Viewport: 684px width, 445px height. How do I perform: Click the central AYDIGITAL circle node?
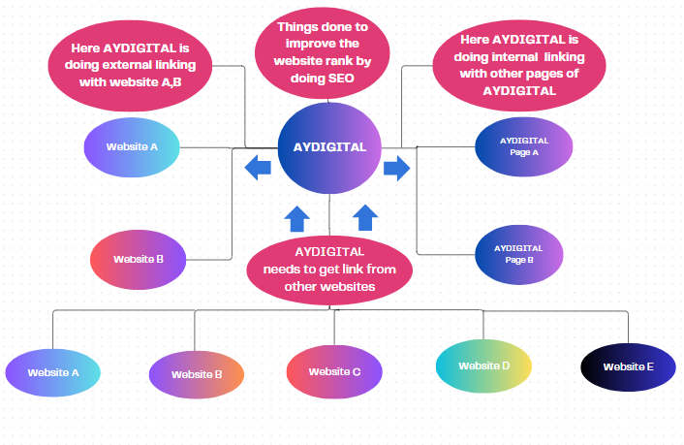(x=329, y=148)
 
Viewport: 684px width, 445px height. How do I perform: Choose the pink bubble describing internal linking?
(x=506, y=66)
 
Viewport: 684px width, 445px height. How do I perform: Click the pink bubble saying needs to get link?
(x=329, y=268)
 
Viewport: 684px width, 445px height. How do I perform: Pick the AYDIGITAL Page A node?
(x=524, y=146)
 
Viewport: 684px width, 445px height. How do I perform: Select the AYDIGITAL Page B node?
(x=518, y=254)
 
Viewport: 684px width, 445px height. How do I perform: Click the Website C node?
(x=335, y=371)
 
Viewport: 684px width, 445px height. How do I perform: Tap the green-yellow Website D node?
(x=483, y=366)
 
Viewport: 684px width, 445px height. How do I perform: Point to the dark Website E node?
(x=628, y=366)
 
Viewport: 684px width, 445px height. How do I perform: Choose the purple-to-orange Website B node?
(x=197, y=374)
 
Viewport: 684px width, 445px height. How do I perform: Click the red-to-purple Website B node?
(x=139, y=259)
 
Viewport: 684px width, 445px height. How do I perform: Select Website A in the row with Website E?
(x=53, y=372)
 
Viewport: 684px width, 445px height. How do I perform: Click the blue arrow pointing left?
(x=258, y=168)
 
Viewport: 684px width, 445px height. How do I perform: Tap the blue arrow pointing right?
(x=397, y=168)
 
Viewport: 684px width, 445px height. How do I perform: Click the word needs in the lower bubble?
(x=281, y=269)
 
